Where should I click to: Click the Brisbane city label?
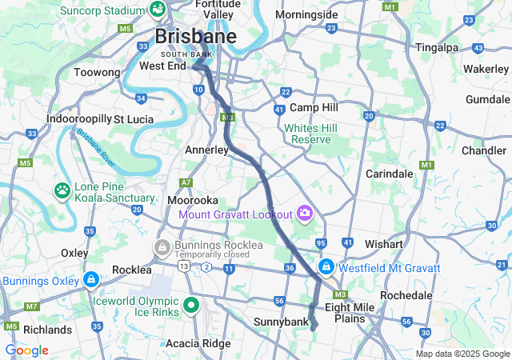tap(195, 37)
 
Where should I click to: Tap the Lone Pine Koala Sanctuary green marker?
tap(62, 190)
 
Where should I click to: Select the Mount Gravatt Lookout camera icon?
tap(304, 213)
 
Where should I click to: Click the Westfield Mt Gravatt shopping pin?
tap(326, 266)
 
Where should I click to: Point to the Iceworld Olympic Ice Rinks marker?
tap(191, 304)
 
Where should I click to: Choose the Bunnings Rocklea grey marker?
tap(162, 246)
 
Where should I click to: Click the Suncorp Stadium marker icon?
tap(158, 10)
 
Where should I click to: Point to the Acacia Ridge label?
tap(197, 343)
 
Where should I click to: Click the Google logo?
tap(26, 350)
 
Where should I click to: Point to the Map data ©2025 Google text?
tap(462, 354)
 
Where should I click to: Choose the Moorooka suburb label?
tap(193, 199)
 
